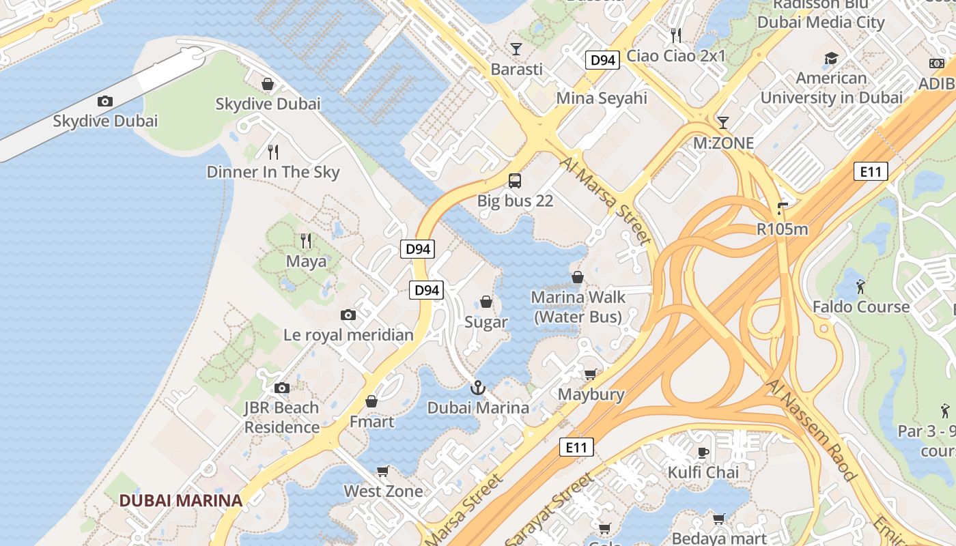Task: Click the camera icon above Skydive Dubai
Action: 104,101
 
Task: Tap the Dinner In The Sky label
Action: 272,172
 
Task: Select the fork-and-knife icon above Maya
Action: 306,240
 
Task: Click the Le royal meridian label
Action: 348,335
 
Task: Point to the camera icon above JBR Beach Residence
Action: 281,388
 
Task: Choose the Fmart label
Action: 371,422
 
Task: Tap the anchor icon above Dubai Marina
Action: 478,388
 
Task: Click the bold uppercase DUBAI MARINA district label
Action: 181,500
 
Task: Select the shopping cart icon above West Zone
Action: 383,471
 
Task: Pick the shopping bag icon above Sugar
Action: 486,302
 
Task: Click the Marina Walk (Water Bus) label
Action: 578,307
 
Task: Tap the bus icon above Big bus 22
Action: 515,181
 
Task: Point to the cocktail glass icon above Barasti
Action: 516,49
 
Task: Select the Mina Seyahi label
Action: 602,98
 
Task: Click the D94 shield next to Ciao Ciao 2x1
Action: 602,60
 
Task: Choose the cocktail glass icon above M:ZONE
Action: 723,123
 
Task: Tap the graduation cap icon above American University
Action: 831,58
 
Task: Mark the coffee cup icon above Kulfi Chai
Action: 703,452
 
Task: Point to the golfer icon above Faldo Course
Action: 860,287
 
